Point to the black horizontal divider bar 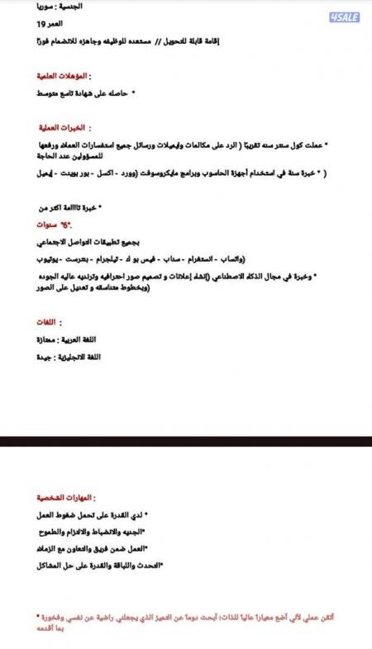click(186, 440)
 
